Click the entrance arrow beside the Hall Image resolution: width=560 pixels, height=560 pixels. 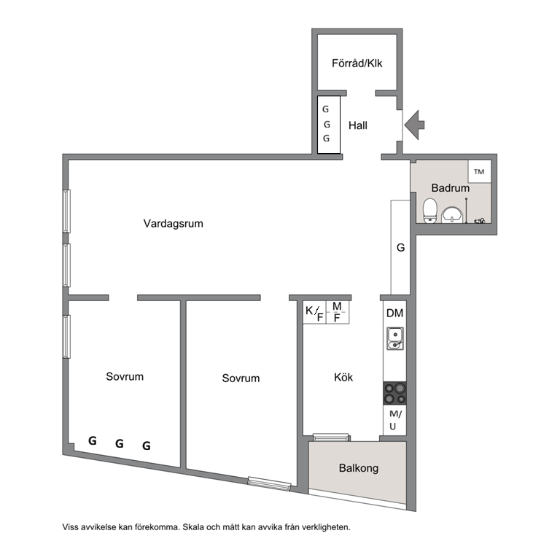pyautogui.click(x=414, y=125)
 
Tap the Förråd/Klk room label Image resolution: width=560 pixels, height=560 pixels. pyautogui.click(x=357, y=63)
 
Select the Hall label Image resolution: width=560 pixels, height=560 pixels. pyautogui.click(x=358, y=125)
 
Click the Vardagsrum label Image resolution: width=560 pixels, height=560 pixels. pyautogui.click(x=174, y=224)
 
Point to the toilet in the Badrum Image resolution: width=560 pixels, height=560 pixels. pyautogui.click(x=430, y=211)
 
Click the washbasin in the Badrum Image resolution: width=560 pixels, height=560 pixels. pyautogui.click(x=452, y=215)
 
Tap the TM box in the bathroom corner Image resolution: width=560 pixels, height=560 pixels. pyautogui.click(x=479, y=171)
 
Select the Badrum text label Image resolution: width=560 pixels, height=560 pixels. pyautogui.click(x=451, y=188)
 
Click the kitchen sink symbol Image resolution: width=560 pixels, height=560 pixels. pyautogui.click(x=395, y=338)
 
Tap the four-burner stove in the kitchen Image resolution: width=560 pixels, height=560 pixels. pyautogui.click(x=394, y=393)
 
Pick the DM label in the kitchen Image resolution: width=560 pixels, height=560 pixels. pyautogui.click(x=394, y=314)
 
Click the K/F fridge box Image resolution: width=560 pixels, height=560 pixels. pyautogui.click(x=314, y=313)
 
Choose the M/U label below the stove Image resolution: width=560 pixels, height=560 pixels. pyautogui.click(x=394, y=420)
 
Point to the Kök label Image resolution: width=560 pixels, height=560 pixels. pyautogui.click(x=343, y=377)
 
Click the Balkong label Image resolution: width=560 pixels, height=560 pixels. pyautogui.click(x=359, y=468)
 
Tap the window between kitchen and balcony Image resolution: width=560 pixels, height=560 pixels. pyautogui.click(x=331, y=437)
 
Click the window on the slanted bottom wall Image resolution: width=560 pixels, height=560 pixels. pyautogui.click(x=269, y=484)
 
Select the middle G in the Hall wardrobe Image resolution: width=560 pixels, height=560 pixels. pyautogui.click(x=327, y=124)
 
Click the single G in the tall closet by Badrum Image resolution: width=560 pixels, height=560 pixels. pyautogui.click(x=401, y=247)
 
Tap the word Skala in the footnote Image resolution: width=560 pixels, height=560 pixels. pyautogui.click(x=192, y=527)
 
